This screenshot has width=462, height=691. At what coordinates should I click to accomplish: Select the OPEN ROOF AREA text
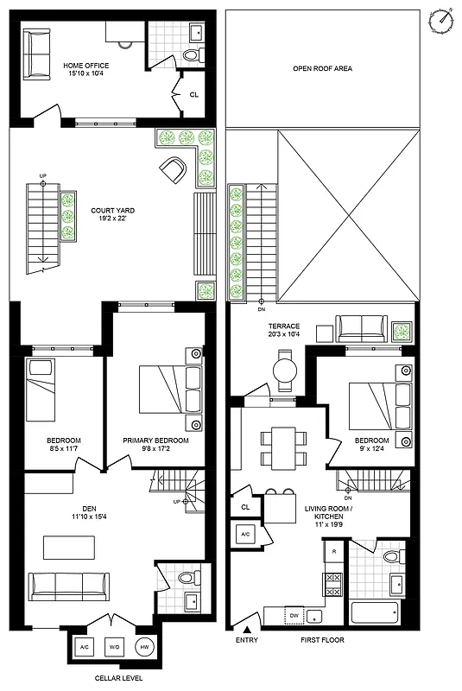pos(322,68)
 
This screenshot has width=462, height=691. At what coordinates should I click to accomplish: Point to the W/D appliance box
pos(115,646)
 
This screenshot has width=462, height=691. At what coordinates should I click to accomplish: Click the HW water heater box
pos(144,646)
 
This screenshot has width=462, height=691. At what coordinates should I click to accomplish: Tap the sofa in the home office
pos(37,54)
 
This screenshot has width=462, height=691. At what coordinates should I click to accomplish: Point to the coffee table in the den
pos(69,548)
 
